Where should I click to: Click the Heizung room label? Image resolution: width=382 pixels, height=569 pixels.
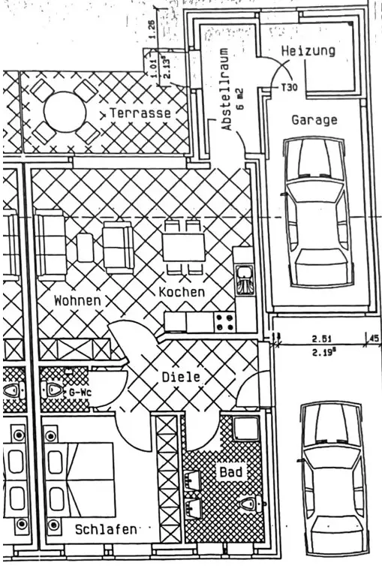(x=308, y=51)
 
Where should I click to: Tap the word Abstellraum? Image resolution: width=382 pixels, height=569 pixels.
(x=227, y=89)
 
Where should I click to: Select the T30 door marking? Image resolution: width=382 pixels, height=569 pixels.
(x=289, y=88)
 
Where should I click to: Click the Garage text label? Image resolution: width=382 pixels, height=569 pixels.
(x=314, y=120)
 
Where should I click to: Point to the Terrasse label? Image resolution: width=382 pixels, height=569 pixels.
(x=140, y=113)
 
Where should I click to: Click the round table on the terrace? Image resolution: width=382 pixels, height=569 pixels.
(x=65, y=111)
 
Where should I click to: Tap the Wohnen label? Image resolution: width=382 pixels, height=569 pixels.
(x=77, y=300)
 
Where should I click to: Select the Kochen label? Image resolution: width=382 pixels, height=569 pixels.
(x=182, y=292)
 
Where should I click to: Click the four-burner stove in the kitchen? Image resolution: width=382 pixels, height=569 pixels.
(x=225, y=322)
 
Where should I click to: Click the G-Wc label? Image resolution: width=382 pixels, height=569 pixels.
(x=80, y=393)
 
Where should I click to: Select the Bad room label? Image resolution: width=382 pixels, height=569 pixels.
(x=230, y=471)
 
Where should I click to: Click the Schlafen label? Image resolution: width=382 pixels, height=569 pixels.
(x=106, y=529)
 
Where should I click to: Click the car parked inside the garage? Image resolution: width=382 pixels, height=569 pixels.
(x=317, y=212)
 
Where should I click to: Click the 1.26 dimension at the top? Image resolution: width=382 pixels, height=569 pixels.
(x=152, y=29)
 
